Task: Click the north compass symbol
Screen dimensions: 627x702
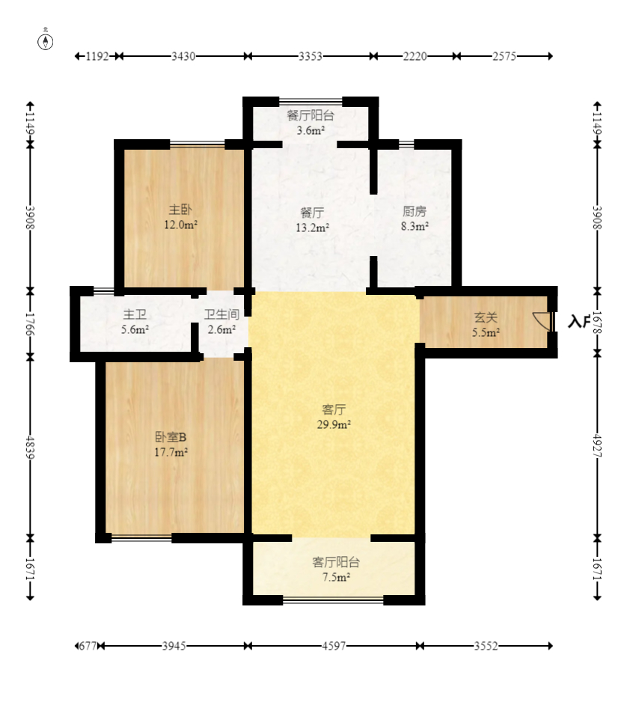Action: [x=45, y=40]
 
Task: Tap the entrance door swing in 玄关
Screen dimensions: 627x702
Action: [x=541, y=320]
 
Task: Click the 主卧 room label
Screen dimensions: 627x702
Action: [x=180, y=209]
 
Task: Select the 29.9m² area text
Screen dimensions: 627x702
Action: [x=334, y=424]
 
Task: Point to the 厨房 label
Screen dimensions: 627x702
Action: [x=415, y=211]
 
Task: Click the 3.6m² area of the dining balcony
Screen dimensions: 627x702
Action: [x=311, y=131]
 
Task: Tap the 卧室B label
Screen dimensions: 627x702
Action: [x=171, y=436]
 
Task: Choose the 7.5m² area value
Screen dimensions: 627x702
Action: [x=336, y=577]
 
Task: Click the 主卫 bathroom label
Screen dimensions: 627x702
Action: [x=135, y=314]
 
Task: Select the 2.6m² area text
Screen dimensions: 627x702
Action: [x=221, y=330]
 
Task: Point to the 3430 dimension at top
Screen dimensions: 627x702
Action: [x=183, y=56]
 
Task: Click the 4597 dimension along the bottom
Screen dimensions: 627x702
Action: [x=334, y=646]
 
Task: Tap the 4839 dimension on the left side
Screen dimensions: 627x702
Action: [x=30, y=448]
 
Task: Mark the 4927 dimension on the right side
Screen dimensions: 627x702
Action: [x=598, y=446]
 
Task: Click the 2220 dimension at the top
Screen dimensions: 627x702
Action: [x=415, y=56]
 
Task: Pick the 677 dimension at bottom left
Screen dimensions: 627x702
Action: [x=88, y=646]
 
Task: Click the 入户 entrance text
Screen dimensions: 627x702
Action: [x=578, y=322]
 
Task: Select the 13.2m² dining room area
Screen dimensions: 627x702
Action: [x=313, y=228]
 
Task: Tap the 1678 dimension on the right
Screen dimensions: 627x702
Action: [x=598, y=323]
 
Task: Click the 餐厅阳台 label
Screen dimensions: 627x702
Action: [x=311, y=115]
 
